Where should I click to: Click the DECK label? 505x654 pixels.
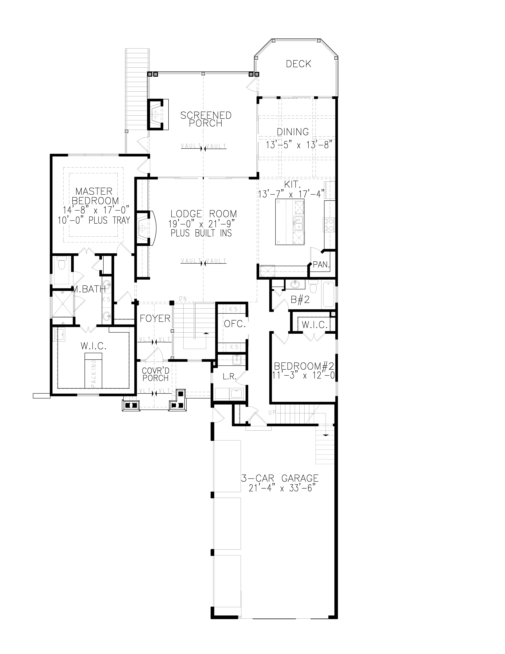click(x=298, y=64)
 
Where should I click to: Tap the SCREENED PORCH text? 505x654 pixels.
click(x=206, y=119)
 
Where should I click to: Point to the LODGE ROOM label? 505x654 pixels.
click(x=203, y=214)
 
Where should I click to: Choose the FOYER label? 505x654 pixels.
click(x=155, y=318)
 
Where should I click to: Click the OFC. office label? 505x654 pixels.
click(x=235, y=324)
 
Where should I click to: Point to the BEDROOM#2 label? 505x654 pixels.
click(x=304, y=366)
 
